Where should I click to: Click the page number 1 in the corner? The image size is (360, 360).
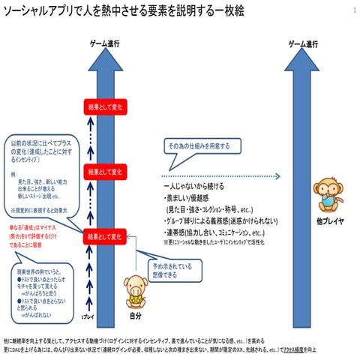coord(352,11)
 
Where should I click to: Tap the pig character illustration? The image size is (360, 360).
coord(135,285)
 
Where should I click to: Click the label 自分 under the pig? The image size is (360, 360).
coord(135,316)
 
